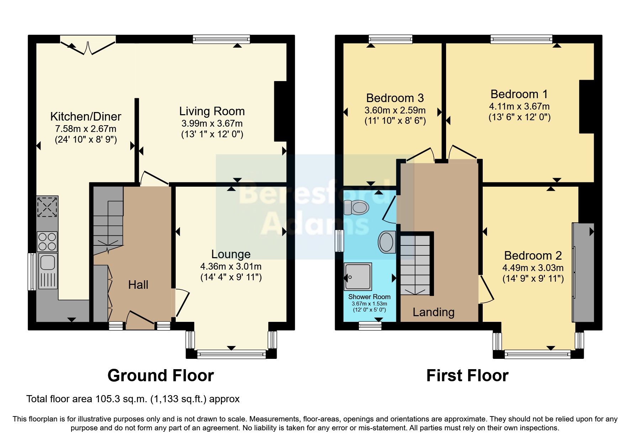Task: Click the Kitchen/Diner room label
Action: click(x=85, y=116)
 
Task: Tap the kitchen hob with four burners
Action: click(x=47, y=241)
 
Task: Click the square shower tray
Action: click(x=358, y=277)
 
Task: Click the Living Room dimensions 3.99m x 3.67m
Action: click(x=212, y=123)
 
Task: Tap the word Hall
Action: click(x=138, y=285)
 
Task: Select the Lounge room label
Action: click(x=231, y=254)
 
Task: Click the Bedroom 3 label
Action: click(x=395, y=98)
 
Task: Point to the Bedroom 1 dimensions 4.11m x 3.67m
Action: click(x=519, y=106)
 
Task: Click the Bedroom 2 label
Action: click(x=533, y=255)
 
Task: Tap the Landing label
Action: click(x=433, y=312)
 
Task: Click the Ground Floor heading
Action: click(x=160, y=376)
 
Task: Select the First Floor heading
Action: click(x=467, y=376)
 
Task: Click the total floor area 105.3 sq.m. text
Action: click(x=133, y=399)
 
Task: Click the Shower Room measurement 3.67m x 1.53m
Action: click(x=369, y=304)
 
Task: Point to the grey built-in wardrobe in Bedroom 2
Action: click(x=583, y=272)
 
